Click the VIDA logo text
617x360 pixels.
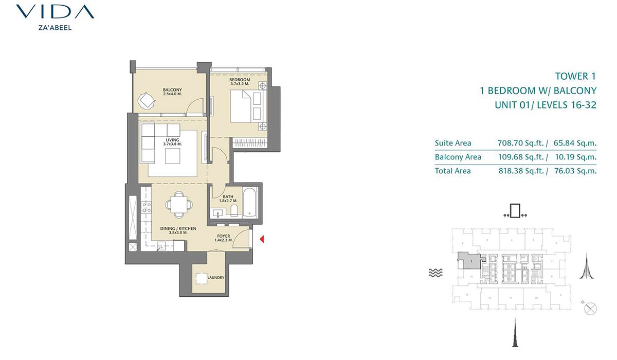click(55, 12)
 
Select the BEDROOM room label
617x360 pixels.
click(240, 80)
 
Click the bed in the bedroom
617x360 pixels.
click(246, 107)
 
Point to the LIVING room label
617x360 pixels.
click(172, 140)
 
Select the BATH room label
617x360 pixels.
click(228, 197)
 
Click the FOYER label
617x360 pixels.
click(224, 237)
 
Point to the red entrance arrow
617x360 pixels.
click(262, 239)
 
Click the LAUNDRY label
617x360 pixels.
click(215, 278)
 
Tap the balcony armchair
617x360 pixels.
click(147, 100)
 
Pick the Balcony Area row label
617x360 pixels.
click(458, 157)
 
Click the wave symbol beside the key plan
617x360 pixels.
click(435, 274)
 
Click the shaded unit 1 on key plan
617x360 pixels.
click(469, 261)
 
